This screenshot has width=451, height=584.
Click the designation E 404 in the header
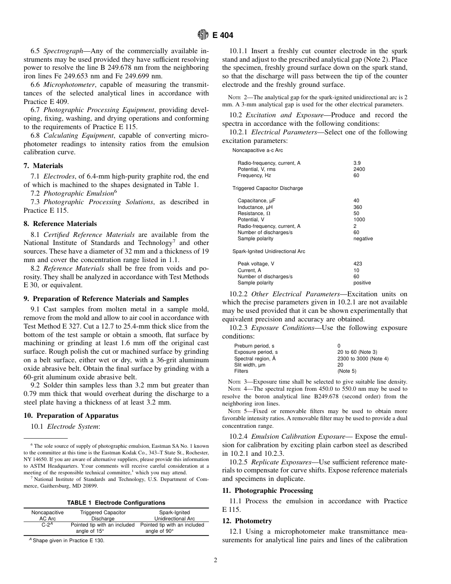223,35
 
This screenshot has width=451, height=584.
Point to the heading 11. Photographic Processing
267,490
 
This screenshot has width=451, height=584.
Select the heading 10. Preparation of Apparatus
71,415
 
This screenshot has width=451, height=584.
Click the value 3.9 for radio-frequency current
357,163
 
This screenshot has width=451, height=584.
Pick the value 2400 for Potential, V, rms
359,169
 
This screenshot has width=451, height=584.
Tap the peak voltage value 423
357,264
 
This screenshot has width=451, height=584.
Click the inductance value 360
357,207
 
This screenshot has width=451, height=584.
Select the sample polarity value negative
363,238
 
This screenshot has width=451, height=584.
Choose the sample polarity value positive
363,283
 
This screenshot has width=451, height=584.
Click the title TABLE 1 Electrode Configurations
116,503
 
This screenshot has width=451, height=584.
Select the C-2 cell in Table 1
47,525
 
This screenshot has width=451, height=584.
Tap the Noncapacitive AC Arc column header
47,516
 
